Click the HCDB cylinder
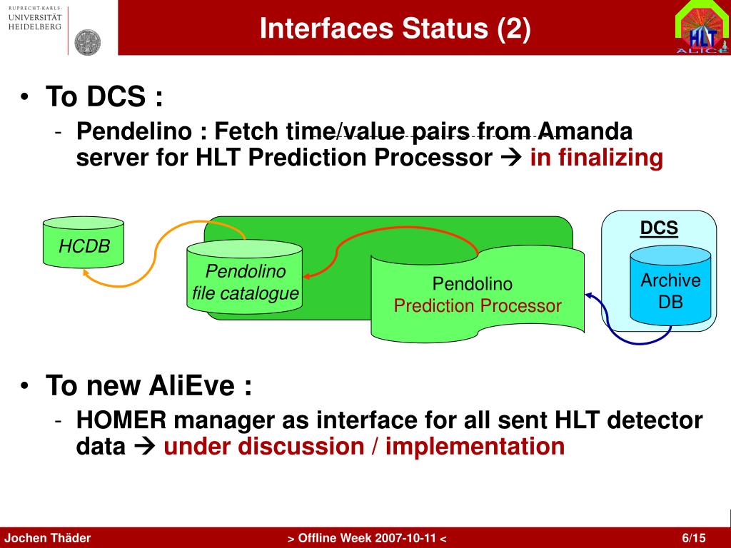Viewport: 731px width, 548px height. tap(84, 242)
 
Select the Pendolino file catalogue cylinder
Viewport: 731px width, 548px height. tap(244, 278)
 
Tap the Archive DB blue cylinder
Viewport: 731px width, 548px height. tap(670, 285)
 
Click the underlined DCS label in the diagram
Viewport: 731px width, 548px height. tap(659, 228)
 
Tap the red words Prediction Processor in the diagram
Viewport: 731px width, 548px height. tap(478, 305)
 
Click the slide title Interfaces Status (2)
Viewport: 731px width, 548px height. tap(395, 28)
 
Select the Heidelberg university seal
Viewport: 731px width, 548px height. tap(88, 42)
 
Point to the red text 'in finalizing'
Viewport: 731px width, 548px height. tap(596, 158)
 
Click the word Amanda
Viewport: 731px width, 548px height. tap(585, 131)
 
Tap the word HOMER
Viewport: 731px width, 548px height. tap(121, 420)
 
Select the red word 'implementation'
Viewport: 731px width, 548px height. tap(475, 446)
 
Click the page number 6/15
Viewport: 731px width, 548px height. tap(694, 538)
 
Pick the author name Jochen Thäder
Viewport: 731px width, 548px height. tap(48, 538)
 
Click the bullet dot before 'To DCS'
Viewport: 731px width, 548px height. tap(25, 96)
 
